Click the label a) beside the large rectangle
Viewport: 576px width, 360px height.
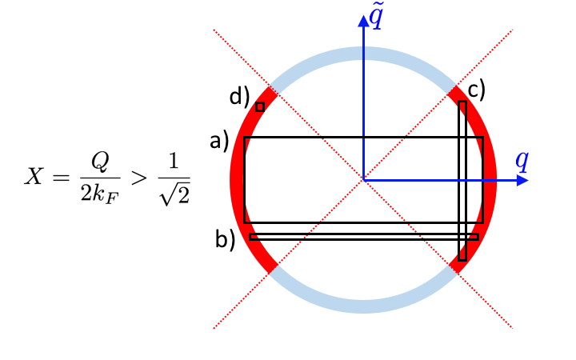(219, 142)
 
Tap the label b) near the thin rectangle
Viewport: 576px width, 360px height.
(224, 239)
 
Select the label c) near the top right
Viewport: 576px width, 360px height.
(477, 90)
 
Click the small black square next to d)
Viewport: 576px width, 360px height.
(260, 106)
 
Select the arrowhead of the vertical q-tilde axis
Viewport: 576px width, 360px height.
(363, 20)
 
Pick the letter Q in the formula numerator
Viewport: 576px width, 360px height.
(99, 163)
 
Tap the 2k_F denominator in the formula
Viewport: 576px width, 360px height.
(99, 192)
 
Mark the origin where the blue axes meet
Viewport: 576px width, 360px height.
(363, 180)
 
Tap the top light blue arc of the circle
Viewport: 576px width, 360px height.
(363, 54)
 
